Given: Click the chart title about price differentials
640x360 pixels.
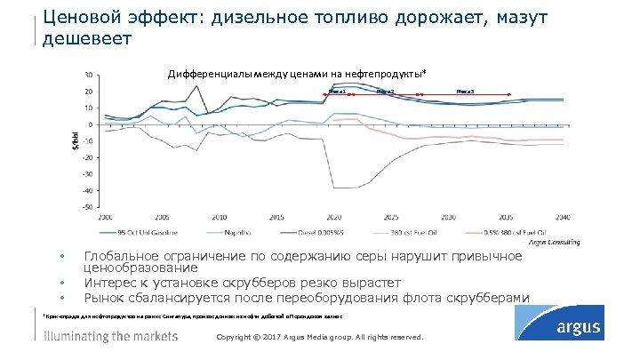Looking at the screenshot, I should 302,75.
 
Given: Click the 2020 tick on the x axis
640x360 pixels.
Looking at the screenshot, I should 333,216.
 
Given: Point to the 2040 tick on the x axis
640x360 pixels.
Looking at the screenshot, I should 561,216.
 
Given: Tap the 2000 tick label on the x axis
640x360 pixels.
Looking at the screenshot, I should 105,216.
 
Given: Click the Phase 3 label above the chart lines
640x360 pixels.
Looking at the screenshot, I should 465,91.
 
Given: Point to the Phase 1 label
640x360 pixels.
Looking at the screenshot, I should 337,91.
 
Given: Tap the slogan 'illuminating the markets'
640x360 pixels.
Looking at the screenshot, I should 111,336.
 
